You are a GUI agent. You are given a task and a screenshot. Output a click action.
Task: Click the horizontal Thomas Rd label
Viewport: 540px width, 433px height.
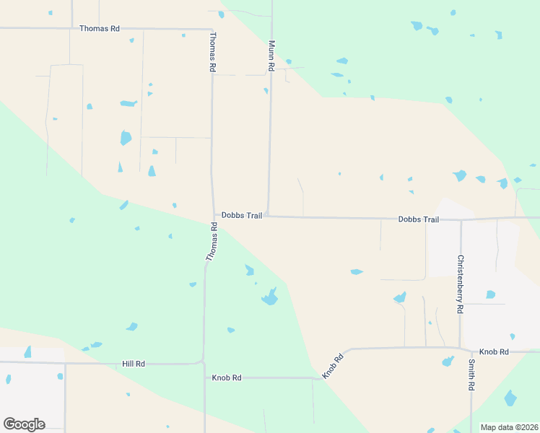pyautogui.click(x=99, y=28)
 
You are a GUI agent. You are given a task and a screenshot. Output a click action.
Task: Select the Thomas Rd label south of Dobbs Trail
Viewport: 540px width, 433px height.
pyautogui.click(x=212, y=242)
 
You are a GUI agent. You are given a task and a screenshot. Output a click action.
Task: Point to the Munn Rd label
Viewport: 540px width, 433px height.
pyautogui.click(x=271, y=55)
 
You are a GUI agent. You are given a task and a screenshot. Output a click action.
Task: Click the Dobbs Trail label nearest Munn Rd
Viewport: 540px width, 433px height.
pyautogui.click(x=241, y=215)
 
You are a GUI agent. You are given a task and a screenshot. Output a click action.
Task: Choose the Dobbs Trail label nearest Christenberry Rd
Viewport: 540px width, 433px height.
pyautogui.click(x=418, y=219)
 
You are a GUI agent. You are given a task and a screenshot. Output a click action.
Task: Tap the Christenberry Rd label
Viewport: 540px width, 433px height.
pyautogui.click(x=460, y=283)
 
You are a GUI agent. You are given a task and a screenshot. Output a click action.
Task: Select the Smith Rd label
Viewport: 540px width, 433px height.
pyautogui.click(x=471, y=375)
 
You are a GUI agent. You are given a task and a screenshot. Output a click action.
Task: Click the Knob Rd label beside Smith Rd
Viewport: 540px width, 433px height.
pyautogui.click(x=495, y=351)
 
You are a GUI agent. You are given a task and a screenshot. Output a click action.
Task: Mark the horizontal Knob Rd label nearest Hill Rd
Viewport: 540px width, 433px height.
pyautogui.click(x=226, y=377)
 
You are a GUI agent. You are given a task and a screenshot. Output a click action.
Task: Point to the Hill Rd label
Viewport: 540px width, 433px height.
pyautogui.click(x=134, y=364)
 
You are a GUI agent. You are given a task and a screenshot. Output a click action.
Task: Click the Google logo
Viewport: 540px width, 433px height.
pyautogui.click(x=24, y=424)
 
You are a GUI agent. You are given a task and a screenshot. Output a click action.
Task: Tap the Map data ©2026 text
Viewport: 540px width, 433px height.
pyautogui.click(x=509, y=427)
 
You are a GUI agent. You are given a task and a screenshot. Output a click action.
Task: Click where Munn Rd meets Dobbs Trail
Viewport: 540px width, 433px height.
pyautogui.click(x=268, y=215)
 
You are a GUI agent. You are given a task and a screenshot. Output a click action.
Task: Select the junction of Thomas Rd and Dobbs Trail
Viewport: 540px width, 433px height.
pyautogui.click(x=214, y=215)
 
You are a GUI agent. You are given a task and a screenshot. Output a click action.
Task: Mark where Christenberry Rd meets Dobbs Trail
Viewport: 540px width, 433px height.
pyautogui.click(x=461, y=219)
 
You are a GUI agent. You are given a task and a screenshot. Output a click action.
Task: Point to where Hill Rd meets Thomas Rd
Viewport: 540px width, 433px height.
pyautogui.click(x=204, y=362)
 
